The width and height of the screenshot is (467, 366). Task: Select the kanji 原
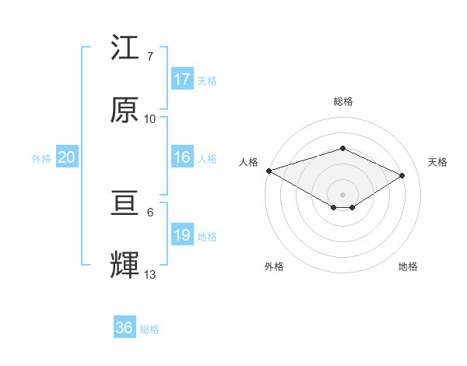(125, 110)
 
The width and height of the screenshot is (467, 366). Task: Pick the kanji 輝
(125, 265)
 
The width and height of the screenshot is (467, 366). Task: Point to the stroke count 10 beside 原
(150, 119)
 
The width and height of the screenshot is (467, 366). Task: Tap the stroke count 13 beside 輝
(150, 274)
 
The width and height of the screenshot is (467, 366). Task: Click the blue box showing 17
(182, 79)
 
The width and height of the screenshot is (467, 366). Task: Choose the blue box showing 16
(182, 157)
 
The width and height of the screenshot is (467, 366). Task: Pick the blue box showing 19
(182, 235)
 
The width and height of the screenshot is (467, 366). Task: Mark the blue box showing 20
(66, 157)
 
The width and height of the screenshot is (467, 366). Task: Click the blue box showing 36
(125, 328)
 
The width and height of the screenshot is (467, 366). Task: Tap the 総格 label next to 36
(149, 329)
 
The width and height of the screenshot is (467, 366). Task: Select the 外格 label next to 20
(41, 159)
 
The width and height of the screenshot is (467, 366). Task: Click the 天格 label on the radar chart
(438, 162)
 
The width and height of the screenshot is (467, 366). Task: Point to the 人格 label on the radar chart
(248, 162)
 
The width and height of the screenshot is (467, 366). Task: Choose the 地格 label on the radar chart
(408, 266)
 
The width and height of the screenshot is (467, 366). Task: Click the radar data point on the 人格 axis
(269, 171)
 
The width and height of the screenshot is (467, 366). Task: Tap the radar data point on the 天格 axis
(402, 175)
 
